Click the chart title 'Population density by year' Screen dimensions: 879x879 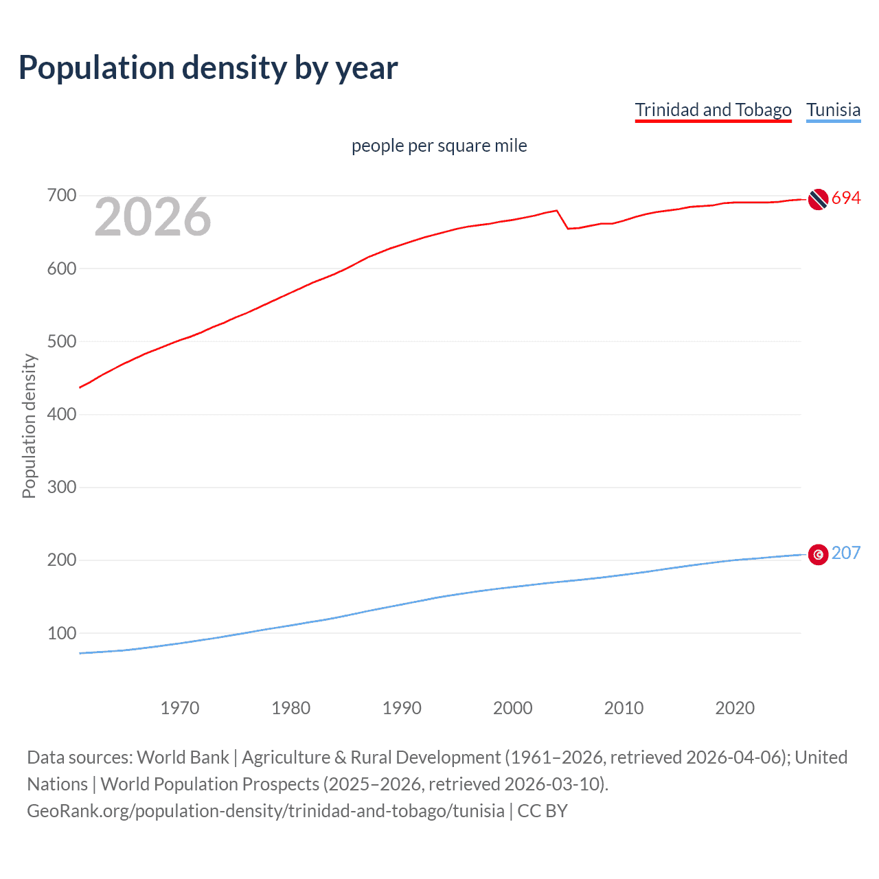click(x=208, y=68)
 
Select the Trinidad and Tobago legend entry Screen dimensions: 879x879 click(x=713, y=110)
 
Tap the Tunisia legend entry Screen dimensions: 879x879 click(x=833, y=110)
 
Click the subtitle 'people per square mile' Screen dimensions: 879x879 click(x=439, y=146)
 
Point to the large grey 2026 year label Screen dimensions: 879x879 click(x=152, y=217)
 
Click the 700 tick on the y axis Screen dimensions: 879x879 click(x=61, y=196)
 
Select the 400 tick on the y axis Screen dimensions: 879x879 click(x=61, y=414)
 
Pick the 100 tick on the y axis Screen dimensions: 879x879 click(x=61, y=633)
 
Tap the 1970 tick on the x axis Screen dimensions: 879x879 click(x=179, y=708)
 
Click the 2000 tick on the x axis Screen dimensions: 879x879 click(x=512, y=708)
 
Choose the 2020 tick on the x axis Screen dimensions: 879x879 click(x=734, y=708)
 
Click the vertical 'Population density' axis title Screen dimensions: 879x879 click(x=29, y=426)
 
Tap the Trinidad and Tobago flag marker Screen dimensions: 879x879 click(x=817, y=199)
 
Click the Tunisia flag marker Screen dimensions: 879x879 click(x=817, y=554)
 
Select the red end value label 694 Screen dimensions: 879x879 click(x=845, y=198)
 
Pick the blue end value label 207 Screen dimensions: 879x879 click(x=845, y=553)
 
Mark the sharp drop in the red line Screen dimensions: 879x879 click(x=562, y=220)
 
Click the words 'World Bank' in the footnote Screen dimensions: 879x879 click(x=183, y=757)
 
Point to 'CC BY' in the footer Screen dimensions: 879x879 click(x=543, y=811)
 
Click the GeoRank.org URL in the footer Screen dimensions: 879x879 click(x=266, y=811)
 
